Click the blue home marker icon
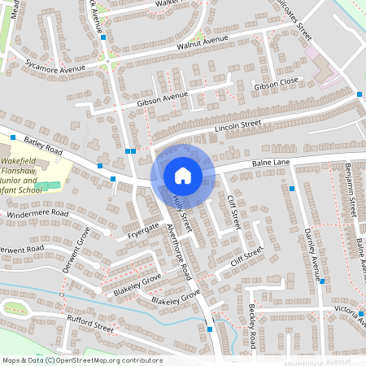183,174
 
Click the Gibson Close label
278,85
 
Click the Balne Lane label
271,163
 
